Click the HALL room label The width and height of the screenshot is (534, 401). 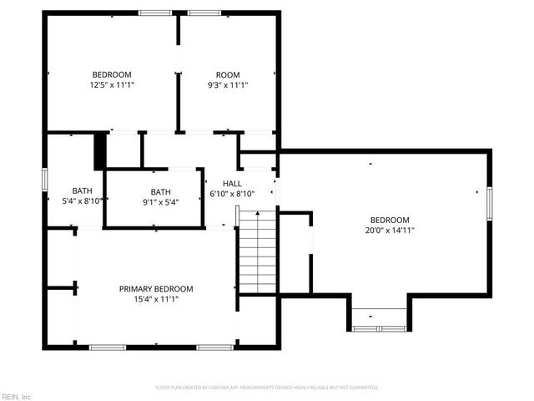coord(232,184)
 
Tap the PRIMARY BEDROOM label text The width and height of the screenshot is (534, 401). coord(156,288)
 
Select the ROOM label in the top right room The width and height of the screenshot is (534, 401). coord(227,74)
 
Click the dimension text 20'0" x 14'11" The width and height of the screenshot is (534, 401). coord(390,230)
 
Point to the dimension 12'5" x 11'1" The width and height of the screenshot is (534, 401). coord(113,84)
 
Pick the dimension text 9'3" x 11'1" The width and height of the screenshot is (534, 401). coord(227,84)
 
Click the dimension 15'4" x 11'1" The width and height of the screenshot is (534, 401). coord(156,299)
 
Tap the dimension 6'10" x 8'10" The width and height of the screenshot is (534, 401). coord(232,194)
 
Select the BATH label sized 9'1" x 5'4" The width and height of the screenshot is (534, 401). coord(160,190)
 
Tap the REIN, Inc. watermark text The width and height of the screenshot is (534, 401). coord(17,396)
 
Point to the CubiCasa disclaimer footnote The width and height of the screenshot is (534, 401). coord(267,388)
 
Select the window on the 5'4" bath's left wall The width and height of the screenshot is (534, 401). coord(46,179)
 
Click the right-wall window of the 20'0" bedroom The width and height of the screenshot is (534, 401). coord(490,203)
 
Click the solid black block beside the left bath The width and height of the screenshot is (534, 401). coord(100,150)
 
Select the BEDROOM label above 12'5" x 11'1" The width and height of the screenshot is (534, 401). coord(112,74)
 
